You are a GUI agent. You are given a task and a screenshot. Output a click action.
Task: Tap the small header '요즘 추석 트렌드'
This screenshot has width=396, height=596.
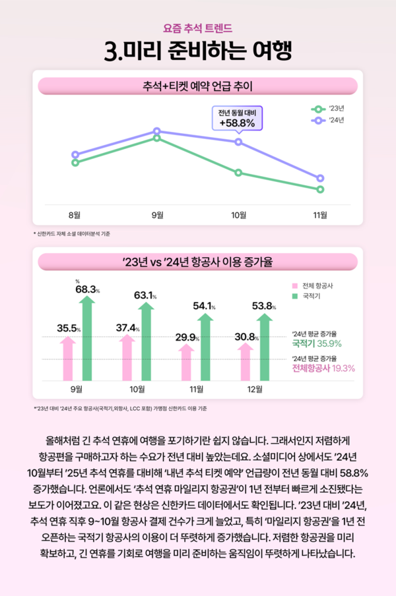[198, 28]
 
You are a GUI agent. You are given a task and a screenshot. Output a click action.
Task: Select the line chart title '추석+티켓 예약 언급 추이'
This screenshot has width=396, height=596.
[198, 86]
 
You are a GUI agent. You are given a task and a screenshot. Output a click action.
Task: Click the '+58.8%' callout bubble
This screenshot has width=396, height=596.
[237, 118]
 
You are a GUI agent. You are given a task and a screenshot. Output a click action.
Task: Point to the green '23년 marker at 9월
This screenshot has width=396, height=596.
[157, 137]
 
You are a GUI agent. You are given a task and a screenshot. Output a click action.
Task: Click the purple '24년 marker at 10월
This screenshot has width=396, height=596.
[238, 142]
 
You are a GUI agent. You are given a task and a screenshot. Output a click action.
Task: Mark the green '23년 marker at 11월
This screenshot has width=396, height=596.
[320, 189]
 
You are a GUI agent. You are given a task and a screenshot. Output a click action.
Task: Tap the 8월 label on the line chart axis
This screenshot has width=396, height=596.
[75, 214]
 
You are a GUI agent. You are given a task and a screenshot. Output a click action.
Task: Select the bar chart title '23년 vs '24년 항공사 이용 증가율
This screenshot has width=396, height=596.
[198, 262]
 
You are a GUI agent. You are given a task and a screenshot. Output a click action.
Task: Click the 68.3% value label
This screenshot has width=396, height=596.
[87, 289]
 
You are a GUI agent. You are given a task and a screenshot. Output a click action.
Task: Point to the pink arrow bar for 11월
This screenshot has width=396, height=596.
[187, 362]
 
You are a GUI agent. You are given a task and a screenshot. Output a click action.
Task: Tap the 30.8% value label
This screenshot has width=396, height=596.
[246, 337]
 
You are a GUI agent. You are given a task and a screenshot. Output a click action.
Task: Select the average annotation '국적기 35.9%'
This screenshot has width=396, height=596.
[316, 343]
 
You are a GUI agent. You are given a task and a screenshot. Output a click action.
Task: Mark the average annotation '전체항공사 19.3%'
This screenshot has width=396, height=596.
[323, 368]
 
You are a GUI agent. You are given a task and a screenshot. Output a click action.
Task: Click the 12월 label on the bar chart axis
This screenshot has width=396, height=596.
[254, 388]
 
